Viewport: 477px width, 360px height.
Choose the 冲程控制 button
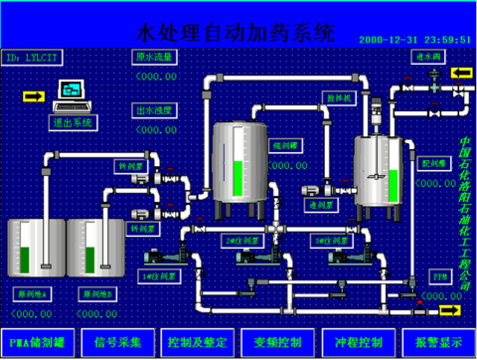pyautogui.click(x=356, y=342)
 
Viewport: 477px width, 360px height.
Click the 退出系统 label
pyautogui.click(x=72, y=122)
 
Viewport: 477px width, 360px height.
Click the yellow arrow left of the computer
pyautogui.click(x=33, y=95)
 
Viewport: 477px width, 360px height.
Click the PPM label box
pyautogui.click(x=437, y=272)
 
